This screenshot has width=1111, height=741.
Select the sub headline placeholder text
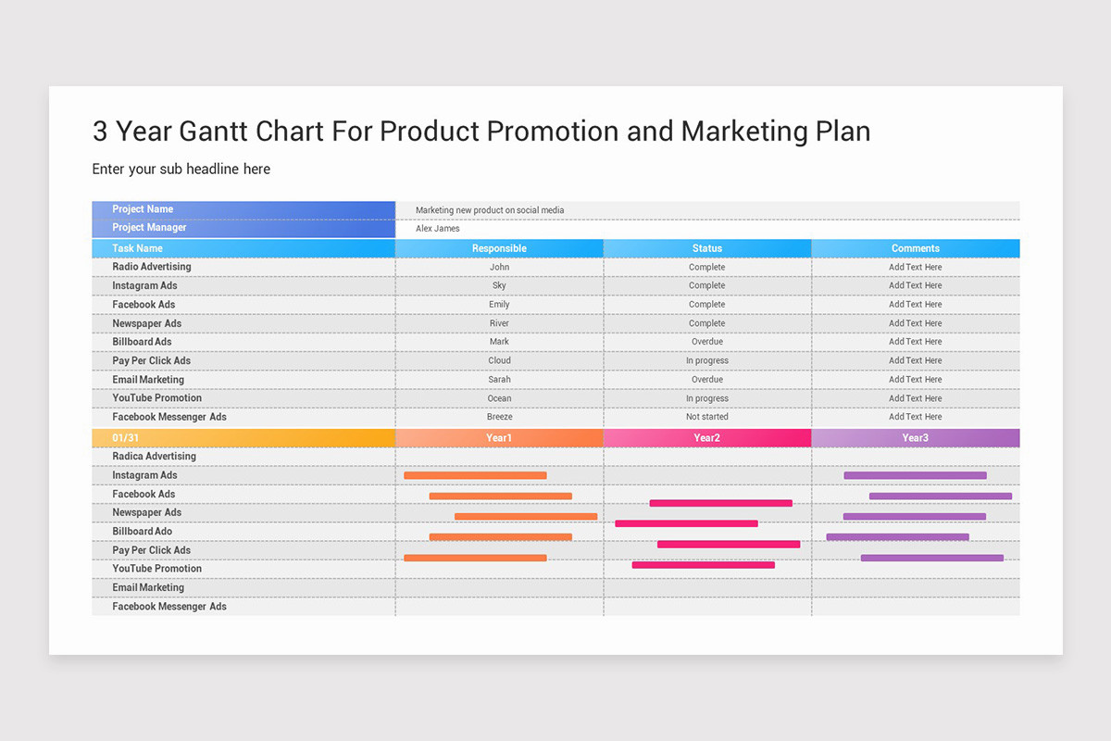tap(181, 169)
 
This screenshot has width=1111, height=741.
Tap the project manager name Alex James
tap(437, 229)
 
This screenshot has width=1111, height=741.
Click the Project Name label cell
tap(143, 209)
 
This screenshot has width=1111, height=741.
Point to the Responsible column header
tap(499, 248)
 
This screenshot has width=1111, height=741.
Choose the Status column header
tap(707, 248)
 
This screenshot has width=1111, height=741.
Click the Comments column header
tap(915, 248)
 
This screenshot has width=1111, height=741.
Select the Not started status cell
tap(707, 417)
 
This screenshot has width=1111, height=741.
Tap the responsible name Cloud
tap(499, 360)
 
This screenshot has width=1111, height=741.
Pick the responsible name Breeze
tap(499, 417)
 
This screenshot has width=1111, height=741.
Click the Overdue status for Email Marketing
tap(707, 380)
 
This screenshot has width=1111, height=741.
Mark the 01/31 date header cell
tap(126, 438)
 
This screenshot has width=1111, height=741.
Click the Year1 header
tap(499, 438)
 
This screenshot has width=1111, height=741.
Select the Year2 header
tap(707, 438)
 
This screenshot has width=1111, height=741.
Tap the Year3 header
tap(915, 438)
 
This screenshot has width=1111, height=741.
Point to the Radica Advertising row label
tap(154, 457)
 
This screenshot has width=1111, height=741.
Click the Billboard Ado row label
tap(142, 532)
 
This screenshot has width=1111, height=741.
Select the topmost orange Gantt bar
tap(475, 475)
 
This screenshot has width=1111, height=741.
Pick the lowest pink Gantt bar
tap(703, 564)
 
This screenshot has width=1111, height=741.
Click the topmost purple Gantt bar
tap(915, 475)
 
